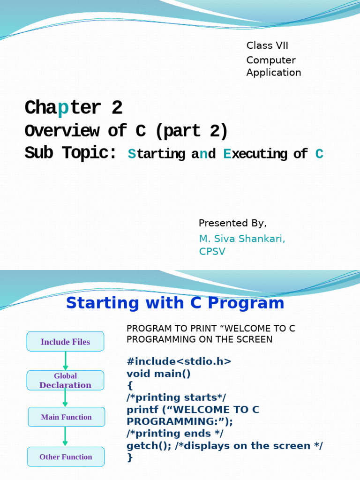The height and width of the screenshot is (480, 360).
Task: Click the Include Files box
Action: [x=65, y=342]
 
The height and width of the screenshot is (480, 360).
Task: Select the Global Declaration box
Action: [x=65, y=380]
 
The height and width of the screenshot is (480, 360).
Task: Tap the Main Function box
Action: [x=66, y=417]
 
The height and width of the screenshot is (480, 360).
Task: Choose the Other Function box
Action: [x=66, y=457]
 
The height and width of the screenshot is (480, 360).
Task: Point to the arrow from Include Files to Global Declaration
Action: [x=66, y=360]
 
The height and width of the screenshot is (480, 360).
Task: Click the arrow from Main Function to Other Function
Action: [x=65, y=436]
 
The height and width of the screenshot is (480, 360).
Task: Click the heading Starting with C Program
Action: [x=175, y=303]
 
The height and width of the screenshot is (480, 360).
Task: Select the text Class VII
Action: [x=267, y=45]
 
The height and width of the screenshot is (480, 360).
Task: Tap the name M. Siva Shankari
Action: [x=242, y=239]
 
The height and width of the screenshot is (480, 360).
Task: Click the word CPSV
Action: [x=212, y=252]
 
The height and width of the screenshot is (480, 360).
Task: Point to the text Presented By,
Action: [x=232, y=223]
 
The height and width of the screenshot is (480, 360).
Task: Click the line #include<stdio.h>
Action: [x=179, y=361]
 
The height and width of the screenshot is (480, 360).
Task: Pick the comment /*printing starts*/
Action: [x=176, y=397]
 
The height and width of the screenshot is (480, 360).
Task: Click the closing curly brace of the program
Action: [x=130, y=457]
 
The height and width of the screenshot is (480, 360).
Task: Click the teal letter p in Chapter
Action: [x=63, y=108]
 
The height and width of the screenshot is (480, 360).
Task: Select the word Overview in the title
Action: [x=62, y=131]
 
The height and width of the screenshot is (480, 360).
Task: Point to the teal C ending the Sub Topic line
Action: [x=319, y=154]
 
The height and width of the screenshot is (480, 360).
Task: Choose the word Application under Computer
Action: [x=274, y=72]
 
